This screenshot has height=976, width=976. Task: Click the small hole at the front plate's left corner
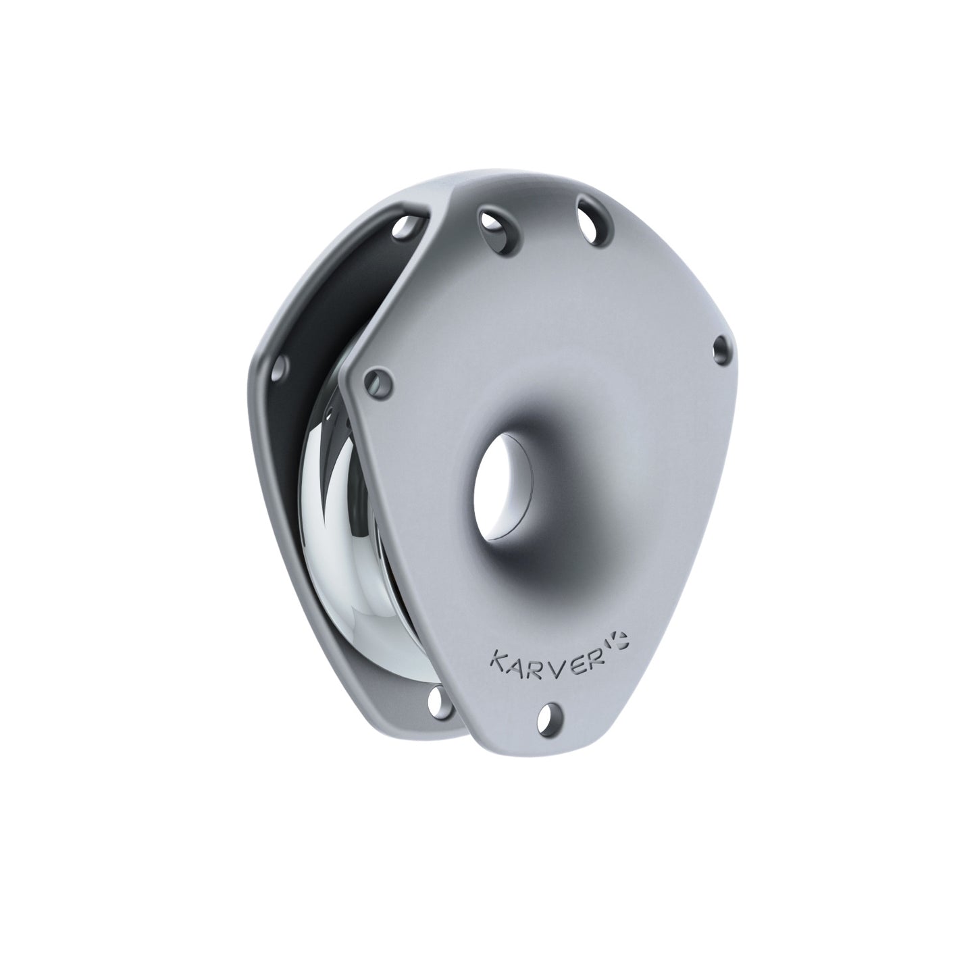tap(376, 382)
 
